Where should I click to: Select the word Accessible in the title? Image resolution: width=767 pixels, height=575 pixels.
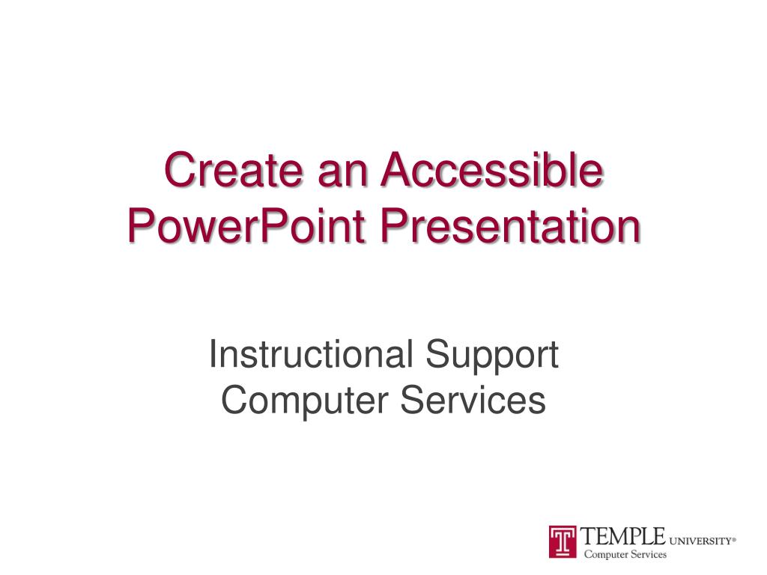click(x=491, y=171)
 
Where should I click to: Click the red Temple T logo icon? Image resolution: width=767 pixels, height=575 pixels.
click(x=563, y=541)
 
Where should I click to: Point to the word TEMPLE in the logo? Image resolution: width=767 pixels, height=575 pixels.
click(x=624, y=536)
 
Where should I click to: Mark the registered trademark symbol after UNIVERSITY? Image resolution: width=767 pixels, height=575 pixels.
click(x=735, y=537)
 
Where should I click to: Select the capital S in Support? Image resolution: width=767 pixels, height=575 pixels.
click(x=439, y=354)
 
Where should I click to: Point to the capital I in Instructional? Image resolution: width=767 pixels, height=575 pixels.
click(x=213, y=354)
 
